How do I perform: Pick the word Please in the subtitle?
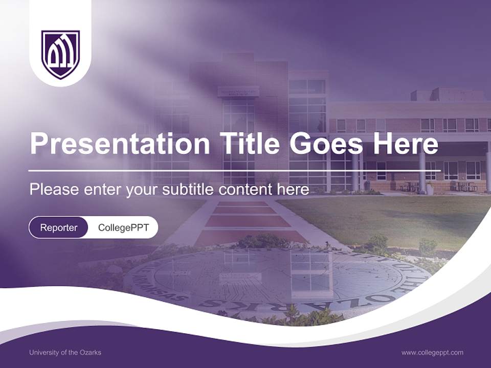point(54,190)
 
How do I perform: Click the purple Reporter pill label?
point(58,227)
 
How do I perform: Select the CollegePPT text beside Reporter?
point(123,227)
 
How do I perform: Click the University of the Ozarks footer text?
point(65,353)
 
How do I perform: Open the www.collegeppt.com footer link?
point(432,353)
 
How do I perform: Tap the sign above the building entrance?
point(238,91)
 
